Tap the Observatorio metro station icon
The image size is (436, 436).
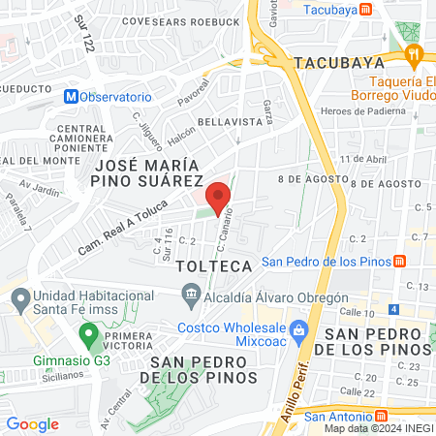tap(71, 97)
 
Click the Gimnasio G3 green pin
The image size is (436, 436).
tap(88, 335)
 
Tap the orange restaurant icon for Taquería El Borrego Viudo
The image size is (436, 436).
tap(416, 56)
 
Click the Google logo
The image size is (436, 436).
tap(32, 423)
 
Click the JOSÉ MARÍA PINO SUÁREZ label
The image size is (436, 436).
tap(160, 172)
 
